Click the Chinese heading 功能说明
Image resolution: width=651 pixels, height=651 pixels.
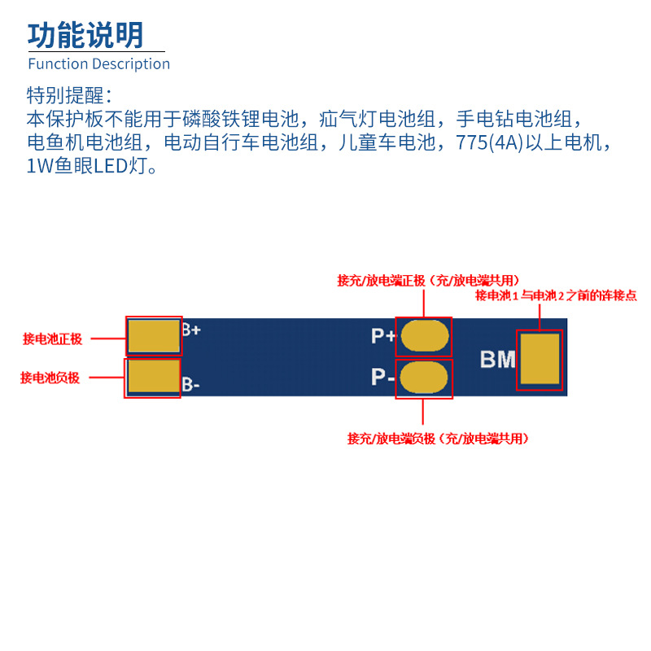click(85, 35)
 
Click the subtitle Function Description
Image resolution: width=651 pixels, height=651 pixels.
click(98, 63)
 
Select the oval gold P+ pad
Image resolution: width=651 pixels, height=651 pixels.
click(424, 335)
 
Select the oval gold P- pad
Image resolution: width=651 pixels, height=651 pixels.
click(424, 378)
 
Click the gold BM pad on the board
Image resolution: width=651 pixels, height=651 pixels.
click(540, 360)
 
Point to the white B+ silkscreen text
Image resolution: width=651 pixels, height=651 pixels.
click(191, 330)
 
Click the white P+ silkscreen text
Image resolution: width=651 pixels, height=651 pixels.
click(383, 336)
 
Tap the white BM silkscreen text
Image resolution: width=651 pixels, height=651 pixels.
click(497, 359)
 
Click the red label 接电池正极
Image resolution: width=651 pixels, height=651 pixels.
click(52, 339)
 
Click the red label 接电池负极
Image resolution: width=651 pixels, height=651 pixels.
click(50, 378)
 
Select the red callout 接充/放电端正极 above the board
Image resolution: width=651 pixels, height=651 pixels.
click(428, 280)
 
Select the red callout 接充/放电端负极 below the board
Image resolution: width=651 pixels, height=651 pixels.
click(438, 439)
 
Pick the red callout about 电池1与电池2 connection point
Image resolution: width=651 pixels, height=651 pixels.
click(556, 295)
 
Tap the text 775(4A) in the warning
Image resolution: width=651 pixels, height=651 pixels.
click(497, 143)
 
